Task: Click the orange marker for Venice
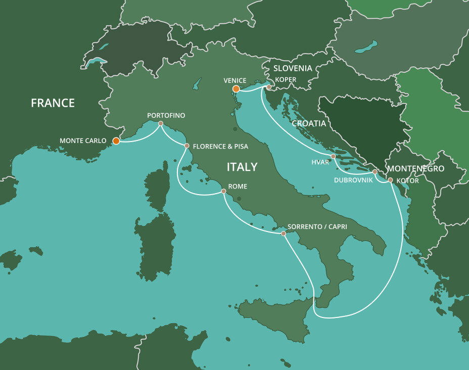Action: (x=236, y=89)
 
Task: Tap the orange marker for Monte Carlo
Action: (x=116, y=141)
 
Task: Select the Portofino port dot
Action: (x=161, y=123)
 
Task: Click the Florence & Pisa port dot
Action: (x=186, y=146)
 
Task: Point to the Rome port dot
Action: (x=223, y=191)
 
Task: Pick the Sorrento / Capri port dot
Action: (x=283, y=234)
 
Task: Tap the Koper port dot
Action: (x=269, y=87)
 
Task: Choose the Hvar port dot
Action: (x=333, y=156)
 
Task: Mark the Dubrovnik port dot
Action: (x=374, y=172)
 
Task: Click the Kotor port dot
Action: (x=390, y=179)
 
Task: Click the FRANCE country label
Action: (x=53, y=103)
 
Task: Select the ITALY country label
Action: (x=242, y=167)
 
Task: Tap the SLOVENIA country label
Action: (x=293, y=68)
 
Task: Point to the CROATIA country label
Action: (x=309, y=123)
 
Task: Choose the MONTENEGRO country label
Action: (x=415, y=168)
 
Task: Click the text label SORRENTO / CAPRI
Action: (x=317, y=226)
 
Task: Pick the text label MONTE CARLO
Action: (x=83, y=141)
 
